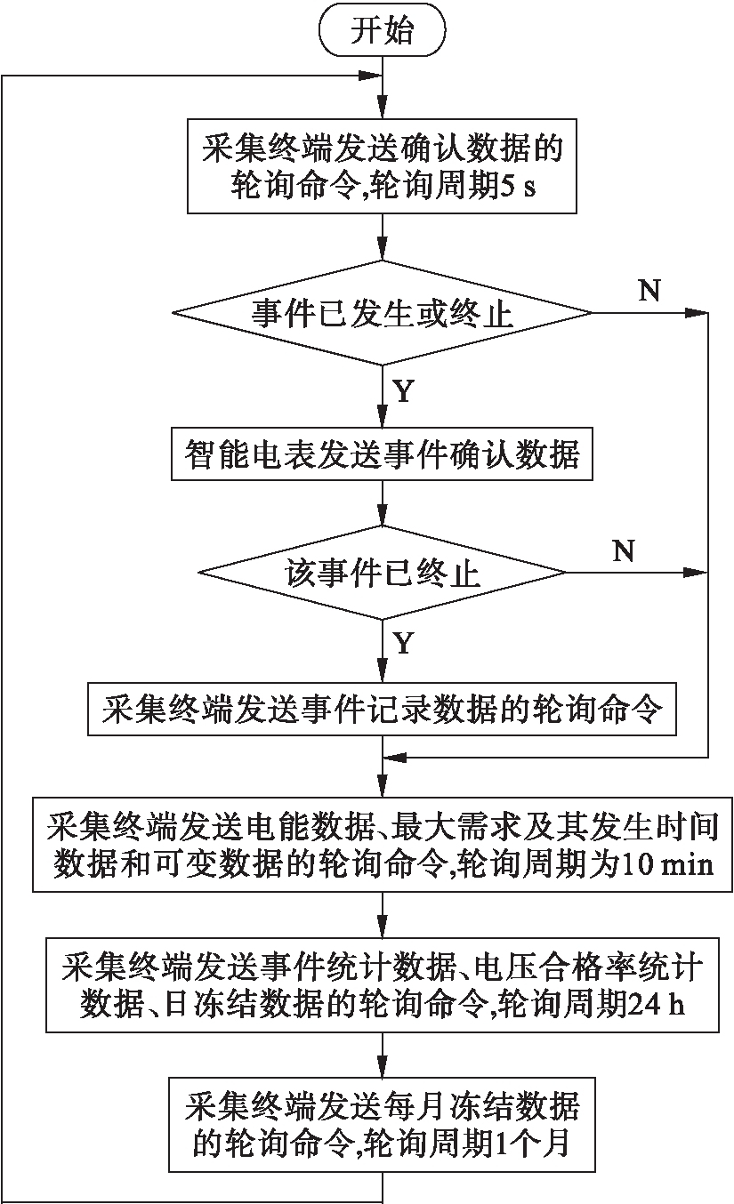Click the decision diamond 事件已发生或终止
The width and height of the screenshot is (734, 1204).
[x=382, y=313]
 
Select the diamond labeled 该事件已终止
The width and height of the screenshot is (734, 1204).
[x=382, y=572]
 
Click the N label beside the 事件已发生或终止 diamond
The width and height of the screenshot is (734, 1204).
[x=649, y=292]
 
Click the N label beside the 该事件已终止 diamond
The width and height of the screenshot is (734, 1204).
[x=624, y=551]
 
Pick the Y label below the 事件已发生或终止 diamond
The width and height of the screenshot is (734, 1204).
[x=403, y=391]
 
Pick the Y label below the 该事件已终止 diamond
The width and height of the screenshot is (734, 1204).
[x=403, y=644]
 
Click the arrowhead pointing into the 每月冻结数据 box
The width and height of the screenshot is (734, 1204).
[x=382, y=1067]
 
